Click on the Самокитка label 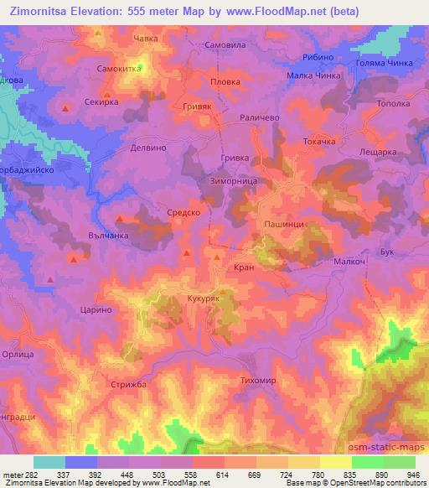tap(119, 69)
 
